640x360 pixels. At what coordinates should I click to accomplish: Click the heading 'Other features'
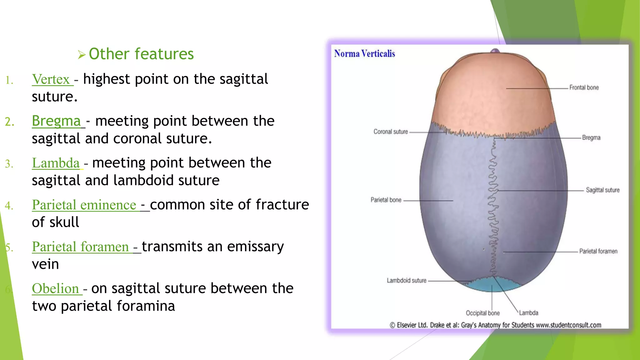tap(141, 54)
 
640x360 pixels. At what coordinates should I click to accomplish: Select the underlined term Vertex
tap(51, 79)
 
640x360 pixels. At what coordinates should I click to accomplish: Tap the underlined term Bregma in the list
tap(56, 121)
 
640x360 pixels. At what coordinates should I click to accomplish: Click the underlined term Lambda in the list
tap(56, 163)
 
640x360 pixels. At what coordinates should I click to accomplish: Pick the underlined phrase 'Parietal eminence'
tap(84, 205)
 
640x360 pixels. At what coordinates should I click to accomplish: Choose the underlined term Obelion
tap(55, 289)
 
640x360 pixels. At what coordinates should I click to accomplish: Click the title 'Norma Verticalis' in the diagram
tap(364, 54)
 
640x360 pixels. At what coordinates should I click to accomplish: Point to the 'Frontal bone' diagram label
tap(584, 88)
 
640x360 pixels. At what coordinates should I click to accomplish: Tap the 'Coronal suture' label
tap(391, 132)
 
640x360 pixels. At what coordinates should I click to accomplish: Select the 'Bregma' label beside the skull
tap(591, 138)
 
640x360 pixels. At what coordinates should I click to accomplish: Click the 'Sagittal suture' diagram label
tap(602, 190)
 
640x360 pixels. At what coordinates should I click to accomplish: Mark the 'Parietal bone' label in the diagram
tap(386, 200)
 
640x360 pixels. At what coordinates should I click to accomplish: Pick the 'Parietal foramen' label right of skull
tap(598, 251)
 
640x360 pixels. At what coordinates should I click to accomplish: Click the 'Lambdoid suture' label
tap(406, 281)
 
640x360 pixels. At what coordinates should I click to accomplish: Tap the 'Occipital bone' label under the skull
tap(482, 313)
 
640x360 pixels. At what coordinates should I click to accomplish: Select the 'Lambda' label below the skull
tap(529, 313)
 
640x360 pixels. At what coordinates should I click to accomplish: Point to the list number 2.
tap(10, 122)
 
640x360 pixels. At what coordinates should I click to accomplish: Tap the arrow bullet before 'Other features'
tap(82, 55)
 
